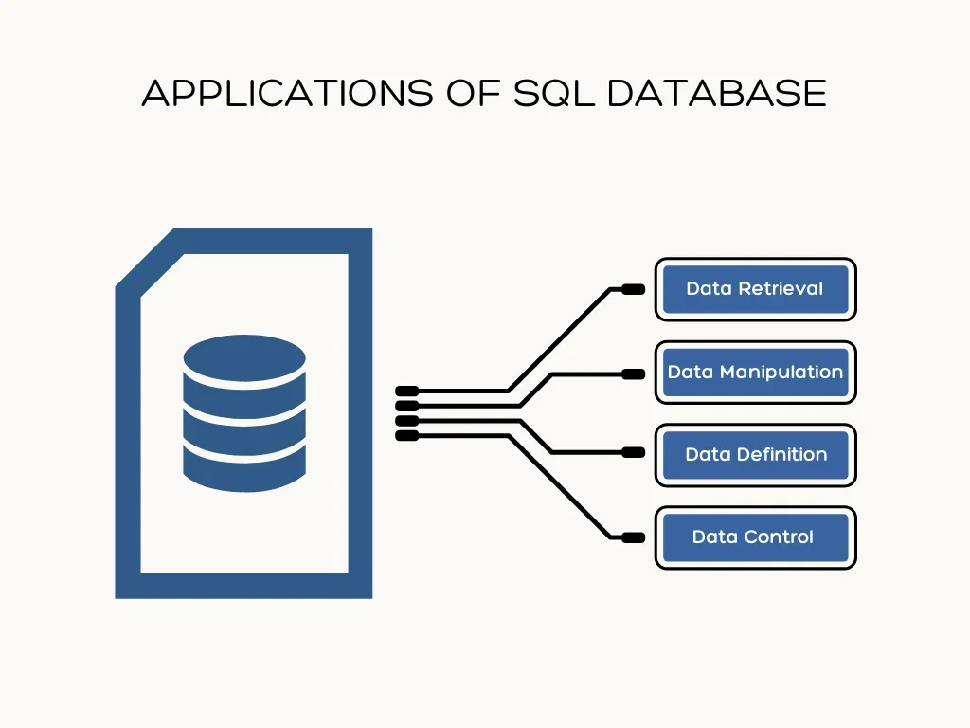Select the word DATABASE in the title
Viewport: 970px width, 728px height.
click(717, 93)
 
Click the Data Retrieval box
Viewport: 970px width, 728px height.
click(755, 289)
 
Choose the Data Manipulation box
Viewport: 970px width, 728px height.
click(755, 372)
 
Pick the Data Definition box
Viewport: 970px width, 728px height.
click(755, 454)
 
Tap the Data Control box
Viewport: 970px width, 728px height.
click(755, 537)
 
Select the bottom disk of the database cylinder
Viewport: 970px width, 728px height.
click(244, 467)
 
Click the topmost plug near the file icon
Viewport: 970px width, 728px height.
click(406, 390)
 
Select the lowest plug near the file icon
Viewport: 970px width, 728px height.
click(406, 435)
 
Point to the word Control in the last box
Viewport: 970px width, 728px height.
click(780, 537)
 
